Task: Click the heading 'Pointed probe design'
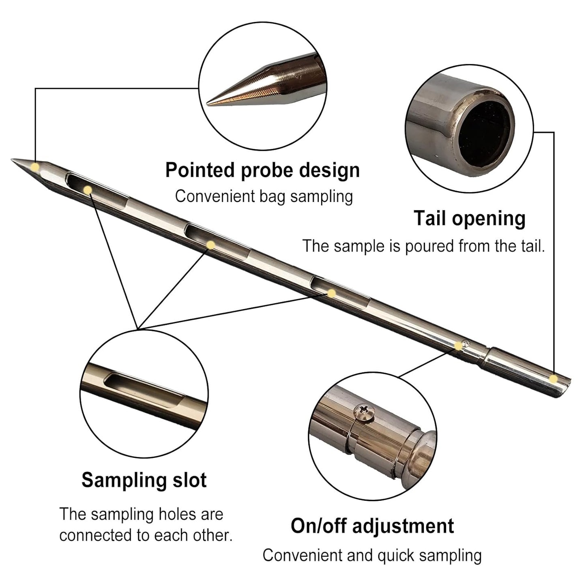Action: click(x=262, y=170)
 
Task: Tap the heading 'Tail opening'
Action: click(x=470, y=219)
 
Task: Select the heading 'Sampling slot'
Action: click(x=144, y=480)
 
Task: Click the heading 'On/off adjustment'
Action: click(x=372, y=526)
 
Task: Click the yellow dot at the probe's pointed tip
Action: click(x=35, y=167)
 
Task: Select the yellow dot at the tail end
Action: click(x=553, y=379)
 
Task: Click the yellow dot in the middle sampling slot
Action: click(x=210, y=245)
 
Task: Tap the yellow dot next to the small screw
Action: click(x=458, y=346)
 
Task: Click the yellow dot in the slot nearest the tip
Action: click(x=87, y=190)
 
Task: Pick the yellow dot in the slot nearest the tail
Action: click(x=331, y=293)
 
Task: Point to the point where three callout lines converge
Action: click(x=138, y=328)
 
